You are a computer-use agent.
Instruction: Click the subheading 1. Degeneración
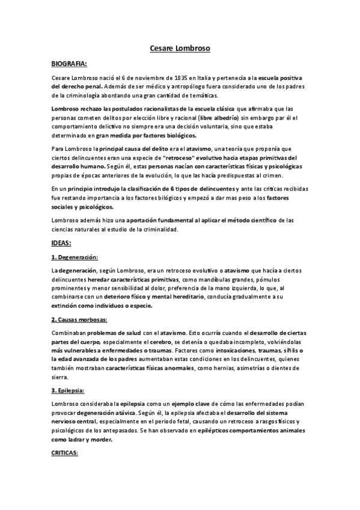77,257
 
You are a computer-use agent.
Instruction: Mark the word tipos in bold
178,189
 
